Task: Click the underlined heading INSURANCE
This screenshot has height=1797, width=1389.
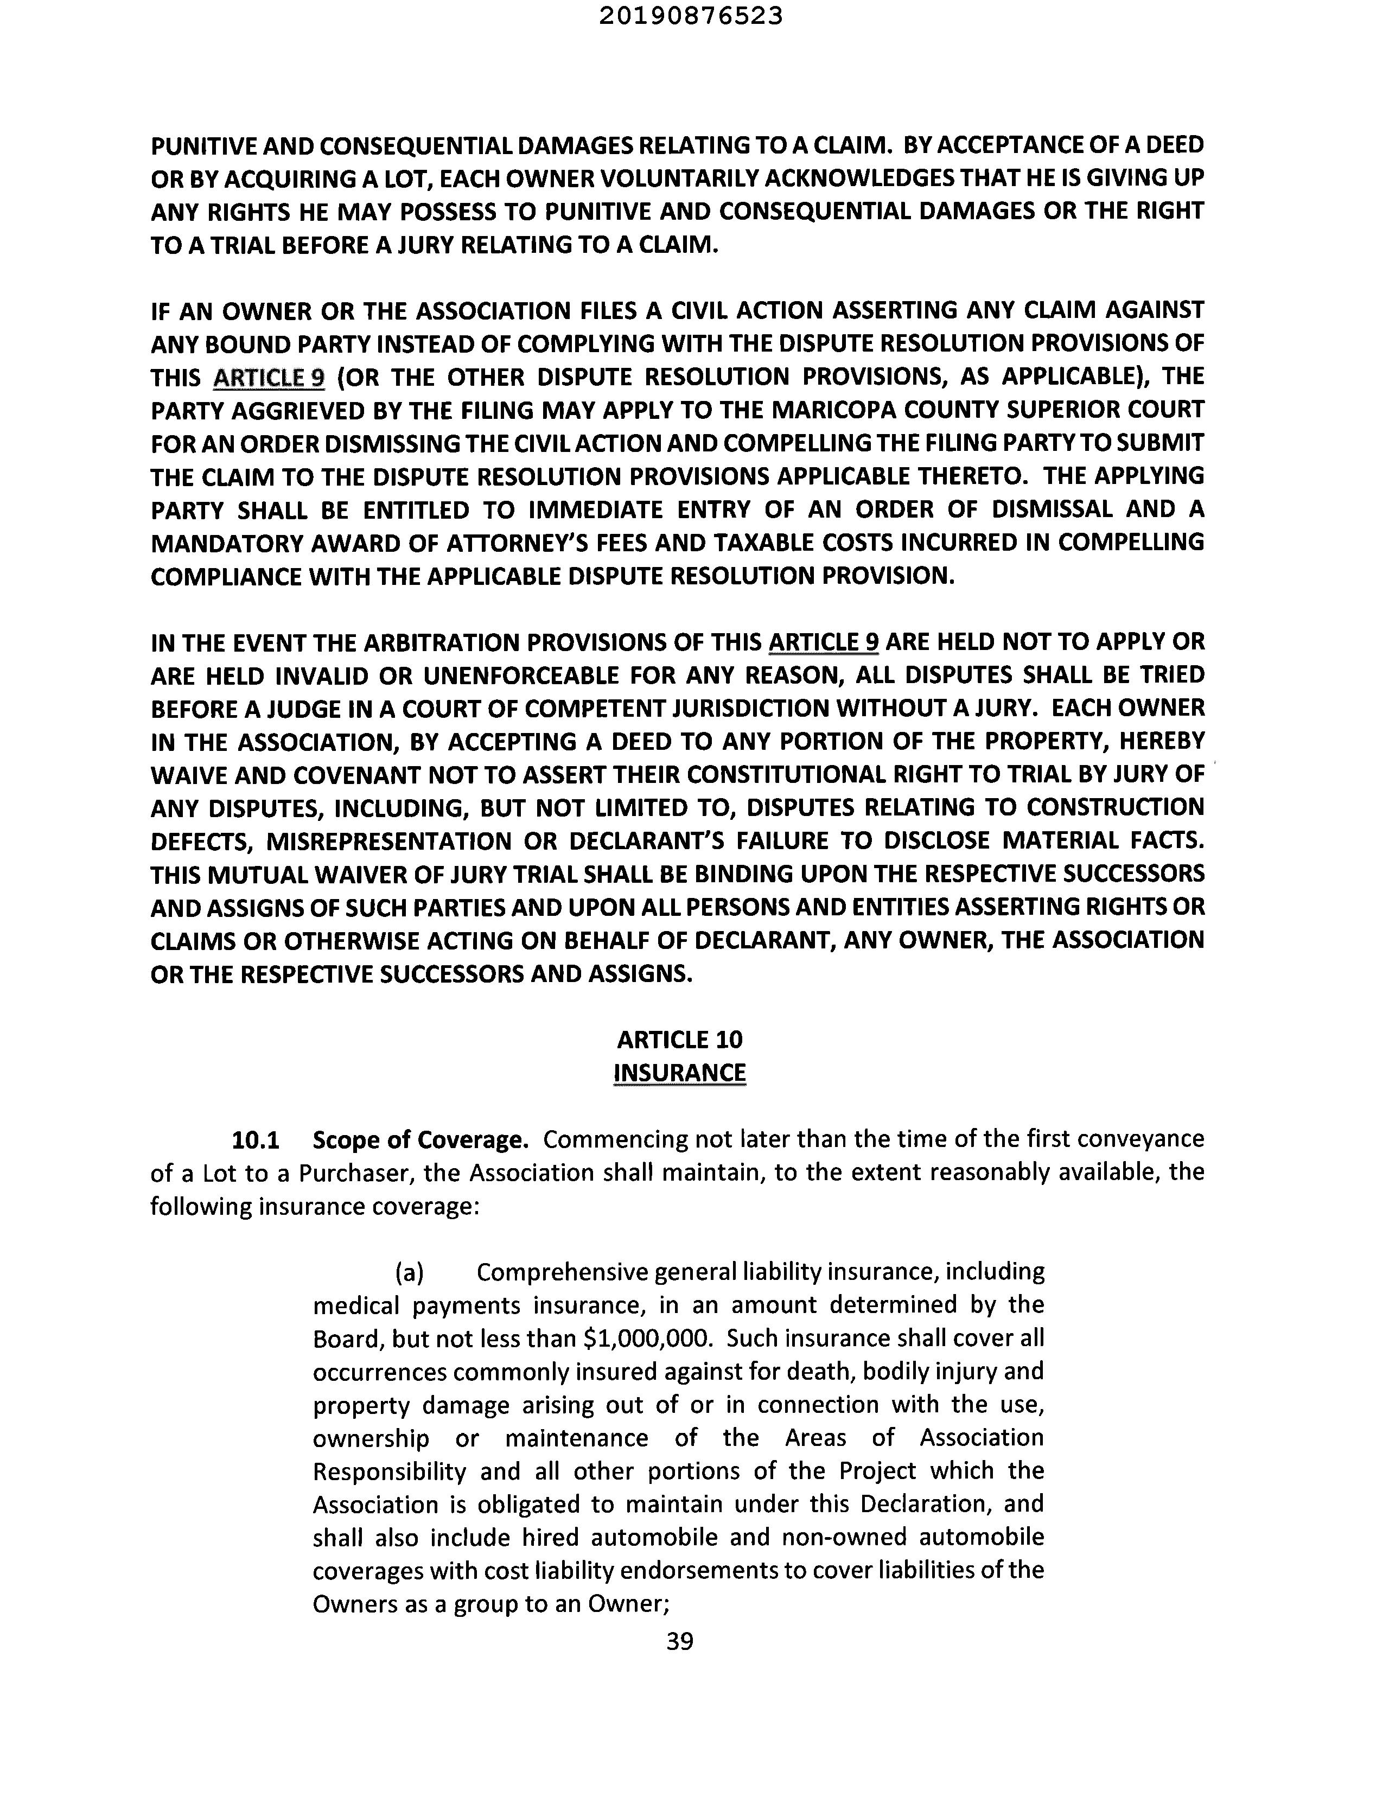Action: click(x=680, y=1073)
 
